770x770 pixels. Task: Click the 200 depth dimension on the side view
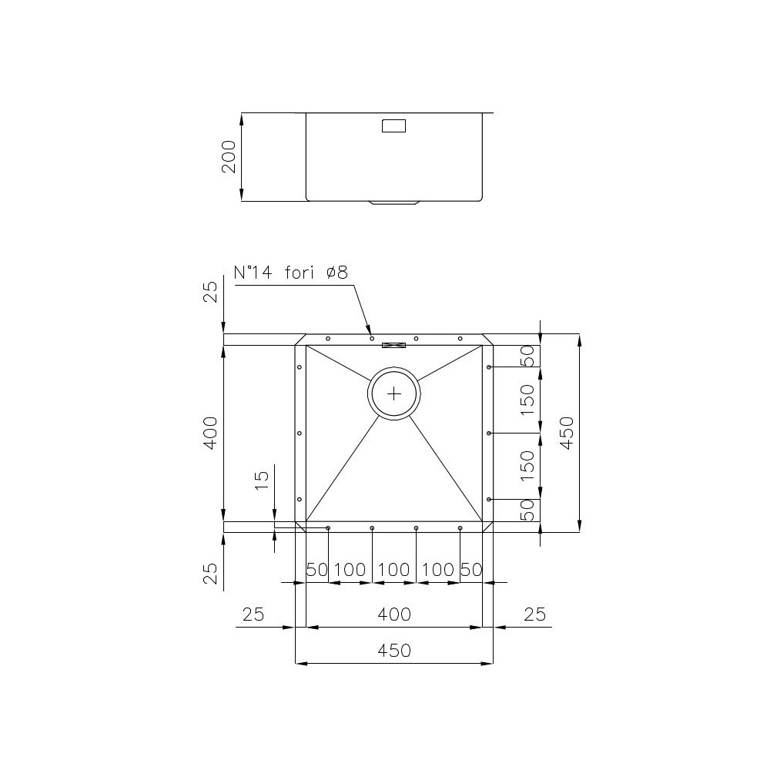click(x=229, y=157)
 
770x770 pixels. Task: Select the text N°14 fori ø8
click(x=291, y=272)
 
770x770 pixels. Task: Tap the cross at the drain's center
click(x=394, y=393)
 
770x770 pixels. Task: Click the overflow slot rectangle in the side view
click(x=394, y=125)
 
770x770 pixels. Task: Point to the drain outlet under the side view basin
click(x=394, y=203)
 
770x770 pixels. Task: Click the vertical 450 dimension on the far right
click(x=566, y=433)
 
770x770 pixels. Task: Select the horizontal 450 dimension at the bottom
click(x=394, y=651)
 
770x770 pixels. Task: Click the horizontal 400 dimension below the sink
click(x=394, y=614)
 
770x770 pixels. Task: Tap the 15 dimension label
click(x=262, y=480)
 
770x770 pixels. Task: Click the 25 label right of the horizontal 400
click(x=534, y=614)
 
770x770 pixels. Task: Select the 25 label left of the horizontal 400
click(x=253, y=614)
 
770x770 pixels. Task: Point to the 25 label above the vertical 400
click(x=210, y=292)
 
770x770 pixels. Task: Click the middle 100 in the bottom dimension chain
click(x=394, y=571)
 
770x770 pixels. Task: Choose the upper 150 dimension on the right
click(x=527, y=400)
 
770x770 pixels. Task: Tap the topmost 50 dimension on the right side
click(x=527, y=356)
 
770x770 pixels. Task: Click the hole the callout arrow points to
click(x=372, y=339)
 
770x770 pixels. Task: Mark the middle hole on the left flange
click(x=299, y=434)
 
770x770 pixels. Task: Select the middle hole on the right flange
click(x=490, y=434)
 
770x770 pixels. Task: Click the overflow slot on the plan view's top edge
click(x=394, y=344)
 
